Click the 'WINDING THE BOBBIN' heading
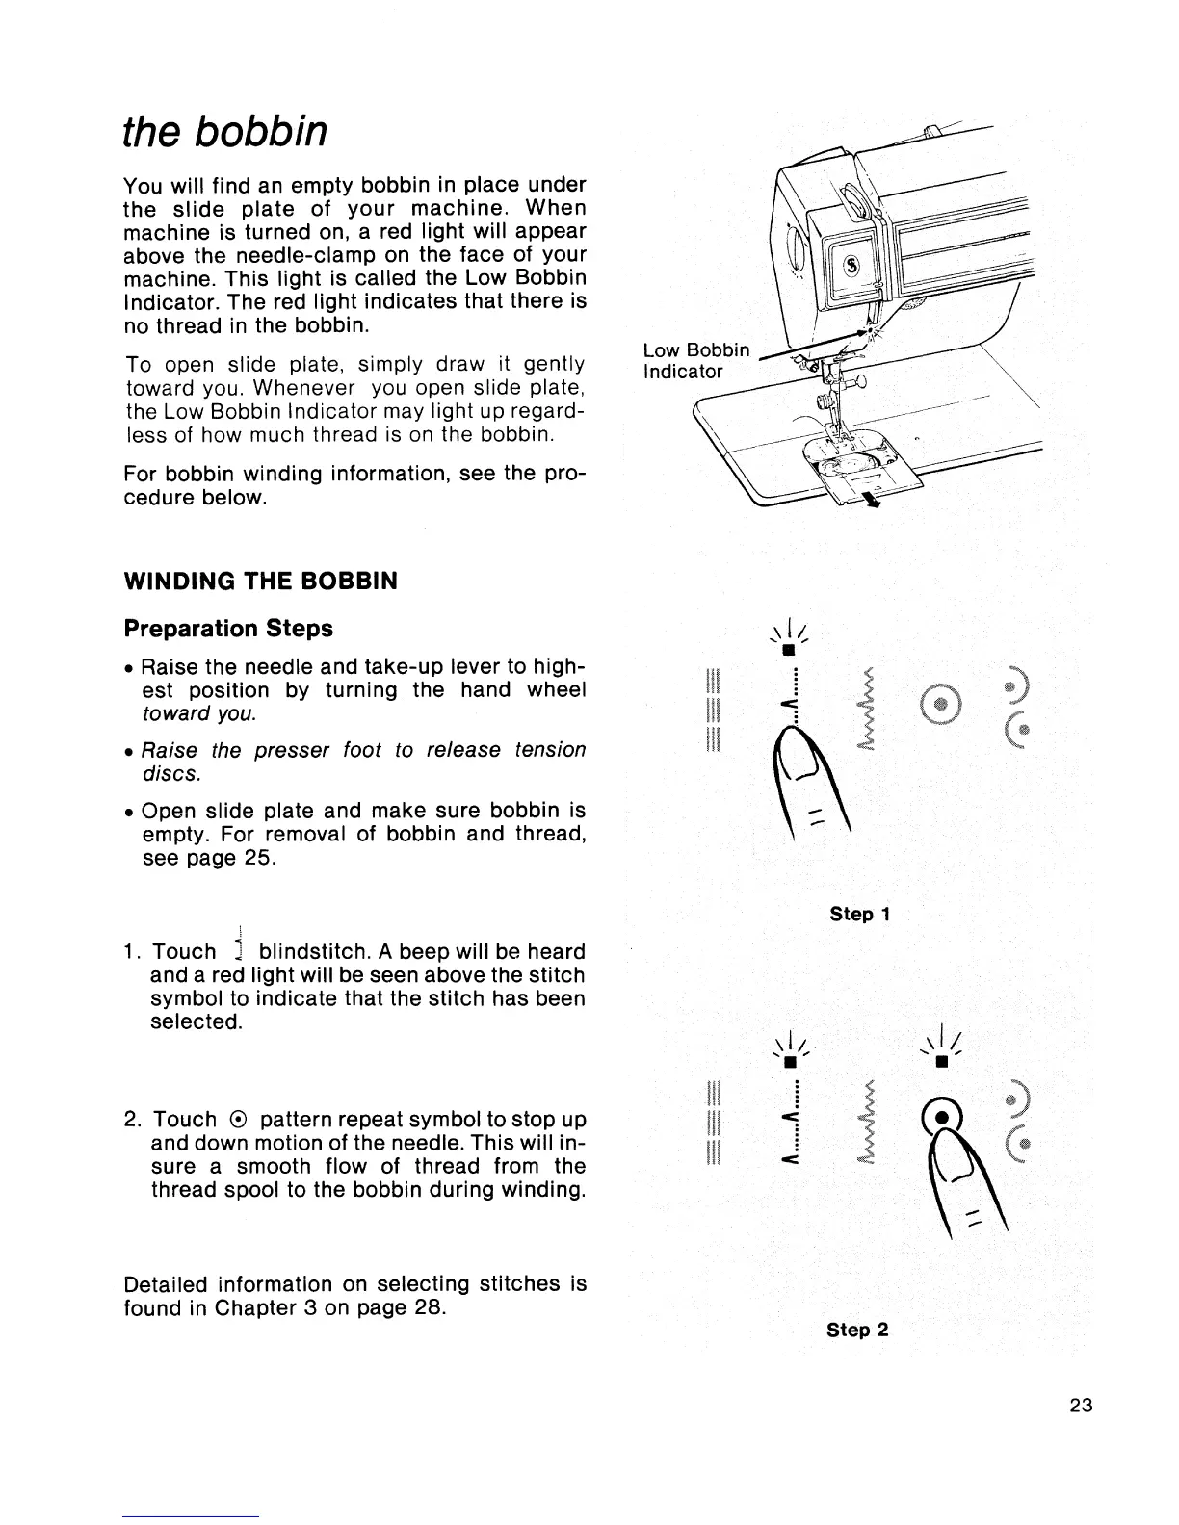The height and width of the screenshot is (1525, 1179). (260, 582)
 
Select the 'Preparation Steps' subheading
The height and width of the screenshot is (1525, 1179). (228, 629)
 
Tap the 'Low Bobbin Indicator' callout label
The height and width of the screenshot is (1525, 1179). (695, 360)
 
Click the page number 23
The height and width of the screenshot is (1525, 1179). (1080, 1405)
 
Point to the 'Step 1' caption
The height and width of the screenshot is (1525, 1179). (858, 914)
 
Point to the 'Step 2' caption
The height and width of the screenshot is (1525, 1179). (856, 1330)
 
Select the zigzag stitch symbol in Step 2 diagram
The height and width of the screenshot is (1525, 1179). (864, 1122)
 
